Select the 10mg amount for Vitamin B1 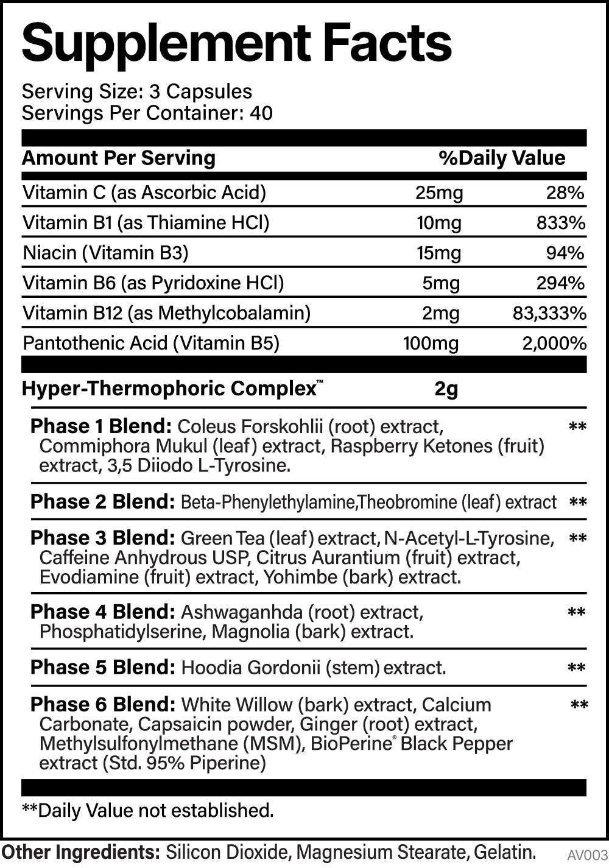click(x=438, y=223)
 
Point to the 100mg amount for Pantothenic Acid click(x=431, y=343)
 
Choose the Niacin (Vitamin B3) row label click(x=105, y=253)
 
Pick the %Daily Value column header click(x=502, y=158)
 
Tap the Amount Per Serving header click(x=119, y=158)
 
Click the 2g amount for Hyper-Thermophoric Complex click(x=446, y=389)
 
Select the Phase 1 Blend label click(x=101, y=426)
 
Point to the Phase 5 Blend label click(x=101, y=668)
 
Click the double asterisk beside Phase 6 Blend click(x=579, y=706)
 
